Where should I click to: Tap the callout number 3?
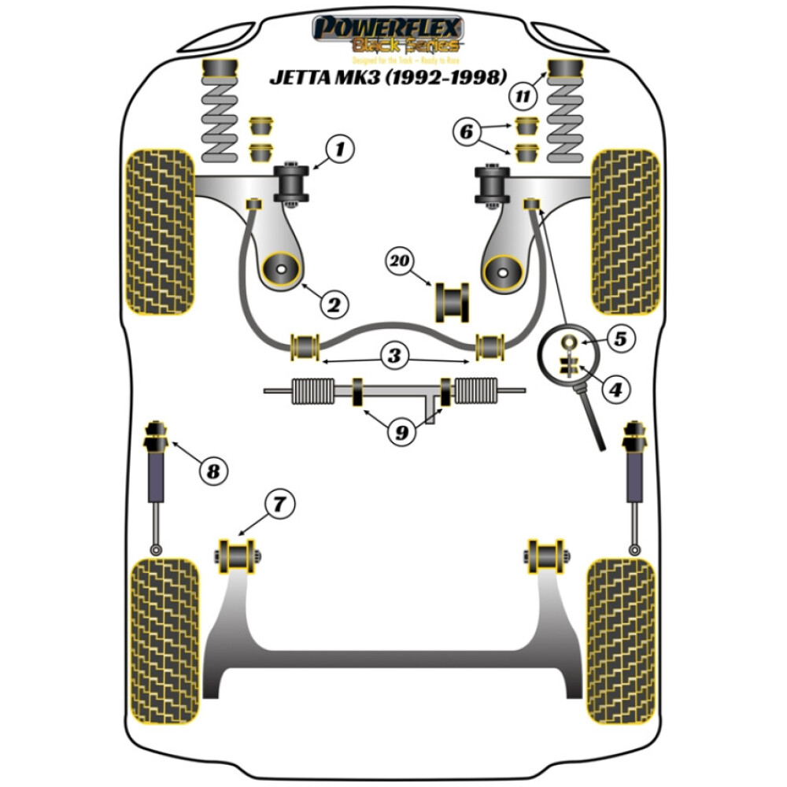pyautogui.click(x=394, y=356)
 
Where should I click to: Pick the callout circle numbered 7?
pyautogui.click(x=281, y=502)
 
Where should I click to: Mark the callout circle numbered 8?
pyautogui.click(x=211, y=472)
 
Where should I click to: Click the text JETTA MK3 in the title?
pyautogui.click(x=323, y=78)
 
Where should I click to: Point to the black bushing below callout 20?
pyautogui.click(x=452, y=301)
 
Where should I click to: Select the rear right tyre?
pyautogui.click(x=622, y=641)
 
